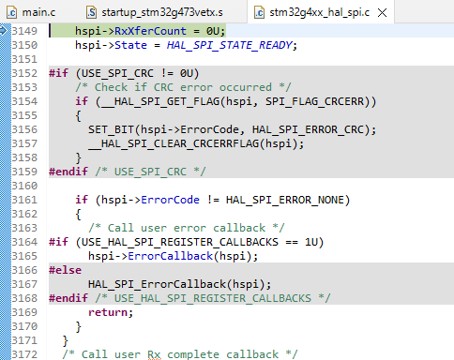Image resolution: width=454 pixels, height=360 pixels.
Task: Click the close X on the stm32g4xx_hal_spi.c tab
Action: click(x=403, y=12)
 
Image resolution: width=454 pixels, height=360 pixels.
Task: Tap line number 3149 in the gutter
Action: click(x=24, y=31)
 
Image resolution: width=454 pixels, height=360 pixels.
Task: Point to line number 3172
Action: click(x=24, y=353)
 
